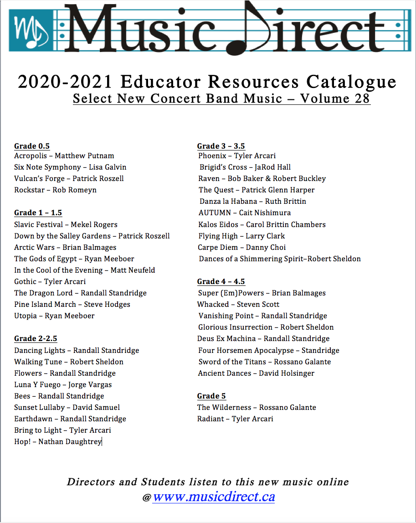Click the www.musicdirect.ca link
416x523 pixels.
(x=214, y=497)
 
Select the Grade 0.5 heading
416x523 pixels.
(x=32, y=146)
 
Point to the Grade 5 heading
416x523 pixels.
(x=211, y=396)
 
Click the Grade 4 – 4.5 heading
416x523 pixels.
(x=221, y=281)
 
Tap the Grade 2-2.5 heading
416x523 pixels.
(x=36, y=338)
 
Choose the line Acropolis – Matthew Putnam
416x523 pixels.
(x=64, y=156)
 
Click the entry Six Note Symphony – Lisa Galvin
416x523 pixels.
(x=70, y=167)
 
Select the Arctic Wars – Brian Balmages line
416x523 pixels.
(x=65, y=247)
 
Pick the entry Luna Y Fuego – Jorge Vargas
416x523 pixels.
(x=63, y=384)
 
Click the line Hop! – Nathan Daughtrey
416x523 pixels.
(x=57, y=442)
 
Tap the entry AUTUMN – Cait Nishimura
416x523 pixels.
(x=244, y=213)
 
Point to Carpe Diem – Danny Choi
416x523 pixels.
(x=241, y=247)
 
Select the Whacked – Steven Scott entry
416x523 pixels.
(x=238, y=304)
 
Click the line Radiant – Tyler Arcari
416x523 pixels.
(x=235, y=419)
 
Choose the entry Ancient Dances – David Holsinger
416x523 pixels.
(x=256, y=373)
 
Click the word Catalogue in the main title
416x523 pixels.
(x=351, y=82)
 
